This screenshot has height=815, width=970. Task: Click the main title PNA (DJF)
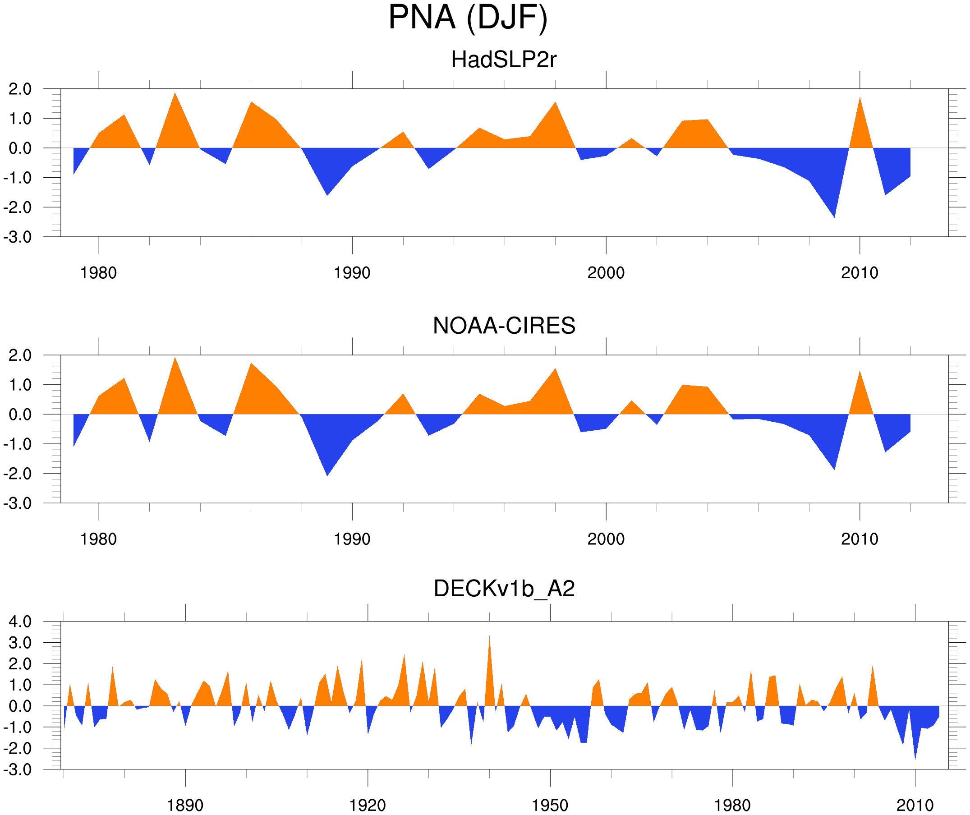(x=468, y=18)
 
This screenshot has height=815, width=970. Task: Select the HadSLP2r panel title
(x=503, y=60)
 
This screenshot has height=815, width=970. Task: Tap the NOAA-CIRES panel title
(x=504, y=326)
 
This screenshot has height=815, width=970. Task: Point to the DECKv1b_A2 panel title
(x=504, y=589)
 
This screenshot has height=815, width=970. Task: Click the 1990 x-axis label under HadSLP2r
(x=352, y=273)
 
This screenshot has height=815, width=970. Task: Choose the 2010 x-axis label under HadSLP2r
(x=859, y=273)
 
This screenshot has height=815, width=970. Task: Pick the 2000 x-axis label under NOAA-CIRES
(x=606, y=539)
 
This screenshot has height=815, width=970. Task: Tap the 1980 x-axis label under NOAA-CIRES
(x=98, y=539)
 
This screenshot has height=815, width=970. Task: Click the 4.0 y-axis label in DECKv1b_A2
(x=20, y=622)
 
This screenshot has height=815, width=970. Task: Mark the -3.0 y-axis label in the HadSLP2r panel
(x=18, y=238)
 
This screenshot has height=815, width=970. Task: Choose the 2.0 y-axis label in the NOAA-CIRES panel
(x=20, y=356)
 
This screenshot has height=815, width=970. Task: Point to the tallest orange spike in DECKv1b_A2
(x=490, y=647)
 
